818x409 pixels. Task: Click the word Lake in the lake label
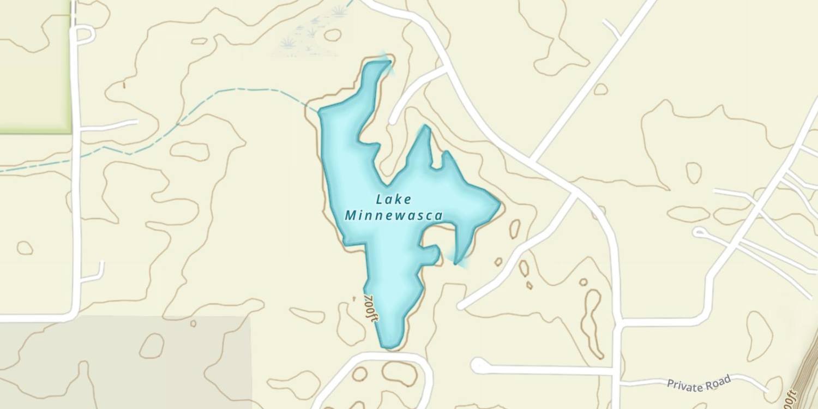click(x=394, y=200)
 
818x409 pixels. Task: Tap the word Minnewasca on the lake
click(x=393, y=216)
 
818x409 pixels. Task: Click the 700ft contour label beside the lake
click(x=371, y=309)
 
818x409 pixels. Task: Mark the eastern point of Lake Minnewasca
click(x=498, y=205)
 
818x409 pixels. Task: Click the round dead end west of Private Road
click(x=479, y=365)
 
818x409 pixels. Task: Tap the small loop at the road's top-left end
click(x=85, y=34)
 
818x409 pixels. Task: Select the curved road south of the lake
click(x=376, y=358)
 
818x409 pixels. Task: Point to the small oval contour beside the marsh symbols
click(x=332, y=35)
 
